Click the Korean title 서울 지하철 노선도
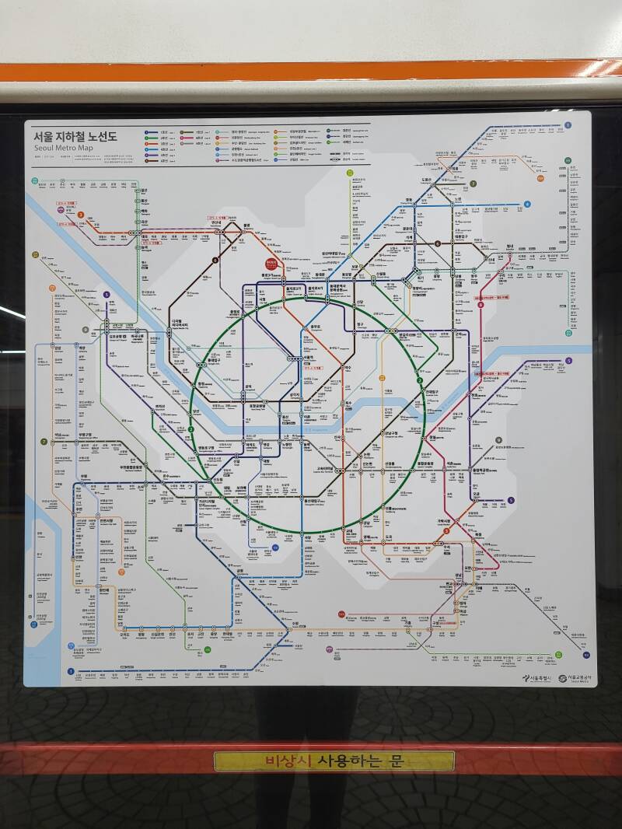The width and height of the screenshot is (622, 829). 74,136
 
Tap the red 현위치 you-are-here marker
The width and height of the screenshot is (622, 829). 271,264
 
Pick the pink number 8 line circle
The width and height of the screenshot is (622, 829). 480,305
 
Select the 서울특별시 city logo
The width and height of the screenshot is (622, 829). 537,678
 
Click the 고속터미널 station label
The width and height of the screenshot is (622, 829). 325,469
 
